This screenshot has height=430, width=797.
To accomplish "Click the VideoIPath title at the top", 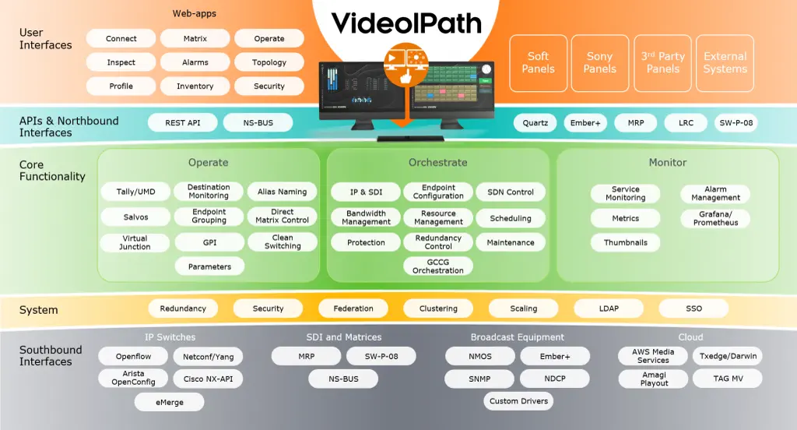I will pos(406,24).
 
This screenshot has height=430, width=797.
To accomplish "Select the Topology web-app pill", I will pos(269,62).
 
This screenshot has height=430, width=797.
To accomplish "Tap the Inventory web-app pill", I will pos(195,86).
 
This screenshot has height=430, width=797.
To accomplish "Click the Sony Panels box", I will pos(600,62).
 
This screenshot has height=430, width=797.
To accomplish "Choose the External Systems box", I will pos(725,62).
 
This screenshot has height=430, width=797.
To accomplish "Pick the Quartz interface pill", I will pos(535,123).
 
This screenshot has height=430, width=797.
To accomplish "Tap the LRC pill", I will pos(686,123).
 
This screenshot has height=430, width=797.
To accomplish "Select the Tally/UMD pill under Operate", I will pos(135,192).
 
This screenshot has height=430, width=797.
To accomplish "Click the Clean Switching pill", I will pos(283,242).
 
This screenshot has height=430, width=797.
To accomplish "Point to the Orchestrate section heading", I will pos(438,163).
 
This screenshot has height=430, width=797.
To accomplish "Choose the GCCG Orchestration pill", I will pos(438,266).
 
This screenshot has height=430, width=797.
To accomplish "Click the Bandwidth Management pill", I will pos(366,217).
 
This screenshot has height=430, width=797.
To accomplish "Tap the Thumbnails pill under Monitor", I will pos(626,242).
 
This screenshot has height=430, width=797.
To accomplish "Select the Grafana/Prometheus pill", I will pos(716,218).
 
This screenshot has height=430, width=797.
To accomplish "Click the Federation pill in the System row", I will pos(353,308).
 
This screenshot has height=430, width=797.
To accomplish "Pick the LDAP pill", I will pos(609,308).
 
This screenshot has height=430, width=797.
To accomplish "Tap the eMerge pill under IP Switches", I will pos(170,402).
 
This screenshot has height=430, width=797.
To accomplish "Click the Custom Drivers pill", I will pos(519,401).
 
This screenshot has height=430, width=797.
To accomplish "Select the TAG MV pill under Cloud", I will pos(727,379).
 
